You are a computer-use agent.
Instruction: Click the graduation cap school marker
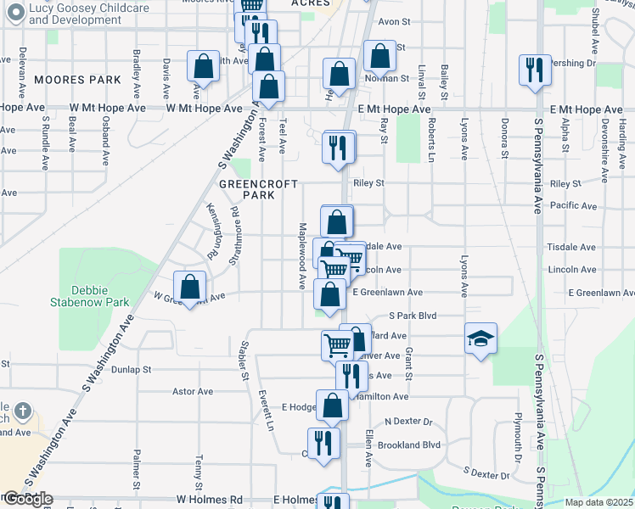tap(480, 339)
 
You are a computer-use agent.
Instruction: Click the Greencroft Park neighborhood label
tap(247, 188)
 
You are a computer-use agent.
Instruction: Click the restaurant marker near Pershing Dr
tap(535, 70)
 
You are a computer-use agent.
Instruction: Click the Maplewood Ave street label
tap(302, 255)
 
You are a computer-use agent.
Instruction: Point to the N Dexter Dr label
tap(408, 422)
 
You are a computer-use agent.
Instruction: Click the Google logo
tap(27, 499)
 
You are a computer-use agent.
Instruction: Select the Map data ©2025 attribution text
tap(599, 502)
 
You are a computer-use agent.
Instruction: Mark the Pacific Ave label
tap(573, 205)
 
